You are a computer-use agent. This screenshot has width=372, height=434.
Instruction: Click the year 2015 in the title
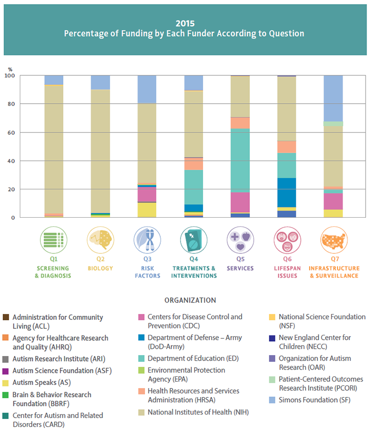[185, 23]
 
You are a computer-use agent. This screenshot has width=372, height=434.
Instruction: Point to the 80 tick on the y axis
[11, 104]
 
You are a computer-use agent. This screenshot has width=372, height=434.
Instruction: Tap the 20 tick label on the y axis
[11, 189]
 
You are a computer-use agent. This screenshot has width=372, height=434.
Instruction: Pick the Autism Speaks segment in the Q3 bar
[147, 210]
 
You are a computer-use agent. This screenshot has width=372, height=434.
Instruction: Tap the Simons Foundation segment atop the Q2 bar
[100, 82]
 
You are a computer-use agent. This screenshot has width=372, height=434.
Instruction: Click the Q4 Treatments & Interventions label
[194, 272]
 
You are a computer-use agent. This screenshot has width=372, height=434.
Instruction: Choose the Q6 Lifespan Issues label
[287, 272]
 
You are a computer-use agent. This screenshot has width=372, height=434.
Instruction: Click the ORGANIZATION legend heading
[190, 300]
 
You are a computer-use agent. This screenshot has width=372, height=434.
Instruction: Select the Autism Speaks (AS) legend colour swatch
[5, 382]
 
